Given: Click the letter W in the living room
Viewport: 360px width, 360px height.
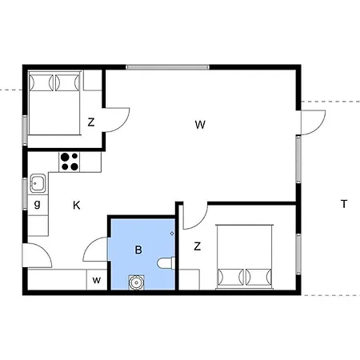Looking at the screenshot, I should (200, 124).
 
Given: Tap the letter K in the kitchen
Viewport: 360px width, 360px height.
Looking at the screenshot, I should (76, 206).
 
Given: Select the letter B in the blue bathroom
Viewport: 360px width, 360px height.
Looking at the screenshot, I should (138, 250).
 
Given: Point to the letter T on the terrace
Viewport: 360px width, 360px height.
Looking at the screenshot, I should (344, 204).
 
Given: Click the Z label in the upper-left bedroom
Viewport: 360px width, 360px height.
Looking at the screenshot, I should (91, 122).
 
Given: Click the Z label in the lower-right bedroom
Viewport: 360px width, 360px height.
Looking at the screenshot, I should (197, 246).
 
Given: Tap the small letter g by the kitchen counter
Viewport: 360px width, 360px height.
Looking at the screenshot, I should (38, 204).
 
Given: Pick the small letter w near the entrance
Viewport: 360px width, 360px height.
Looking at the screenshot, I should (96, 280).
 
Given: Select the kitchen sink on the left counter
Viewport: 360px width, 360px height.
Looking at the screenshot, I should (37, 184).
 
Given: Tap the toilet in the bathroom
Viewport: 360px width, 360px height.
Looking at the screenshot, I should (166, 262).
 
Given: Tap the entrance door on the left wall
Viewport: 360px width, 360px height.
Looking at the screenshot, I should (36, 256).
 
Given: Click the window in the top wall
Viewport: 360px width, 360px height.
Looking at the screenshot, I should (168, 66).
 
